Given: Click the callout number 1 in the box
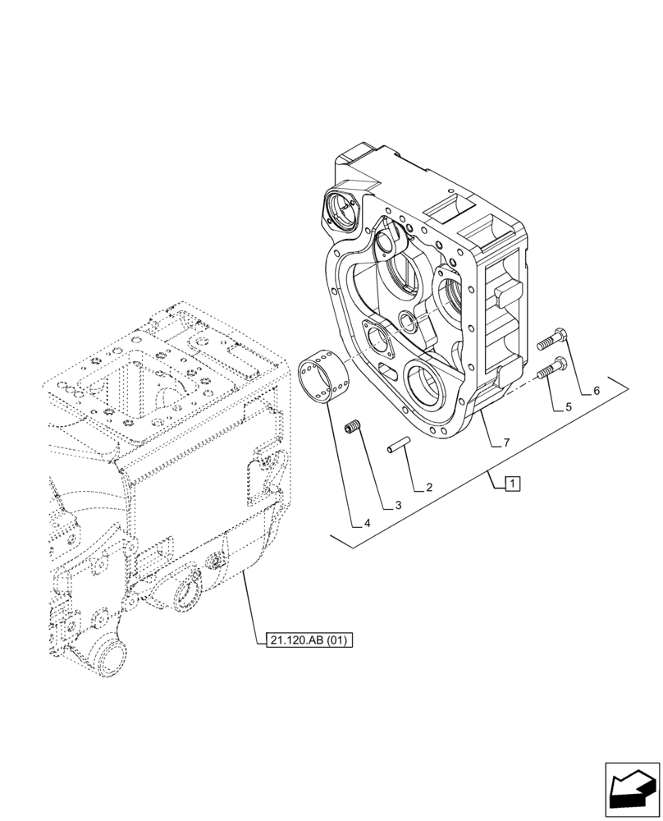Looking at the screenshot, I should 511,483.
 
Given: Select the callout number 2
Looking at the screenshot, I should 429,488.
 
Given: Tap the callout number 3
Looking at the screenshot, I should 397,506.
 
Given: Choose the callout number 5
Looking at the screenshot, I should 568,406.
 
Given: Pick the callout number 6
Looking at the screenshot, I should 597,391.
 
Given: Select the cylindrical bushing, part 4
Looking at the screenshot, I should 324,377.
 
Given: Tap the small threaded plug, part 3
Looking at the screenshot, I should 354,427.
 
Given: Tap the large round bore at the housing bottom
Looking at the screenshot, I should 432,385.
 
